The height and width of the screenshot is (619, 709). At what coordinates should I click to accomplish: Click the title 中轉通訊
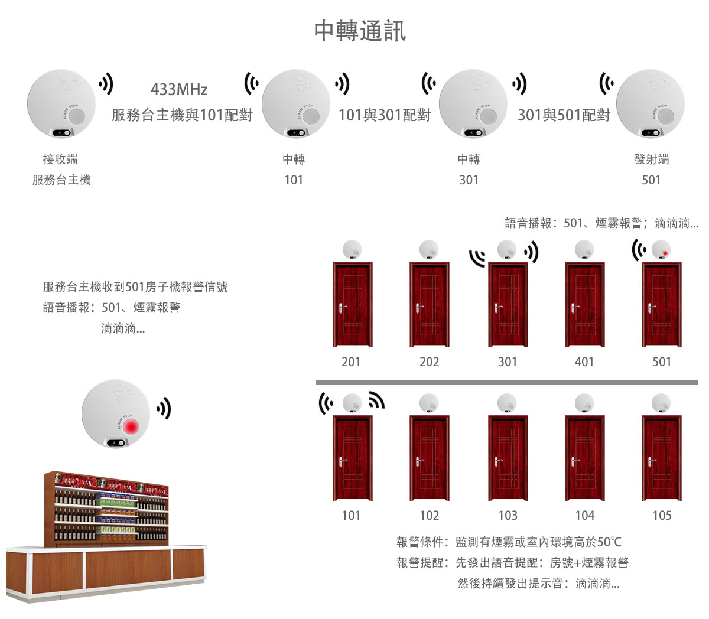[360, 31]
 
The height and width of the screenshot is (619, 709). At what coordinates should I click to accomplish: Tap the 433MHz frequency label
[179, 90]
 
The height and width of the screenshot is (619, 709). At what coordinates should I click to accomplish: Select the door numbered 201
[352, 305]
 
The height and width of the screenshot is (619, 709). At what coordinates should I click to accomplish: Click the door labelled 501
[662, 305]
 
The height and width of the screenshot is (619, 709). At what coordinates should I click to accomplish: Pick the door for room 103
[508, 458]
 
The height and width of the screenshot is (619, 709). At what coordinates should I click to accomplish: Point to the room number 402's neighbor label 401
[584, 361]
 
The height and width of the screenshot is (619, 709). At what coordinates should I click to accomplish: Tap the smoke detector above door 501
[661, 250]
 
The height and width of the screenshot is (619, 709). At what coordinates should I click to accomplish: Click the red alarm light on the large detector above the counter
[131, 425]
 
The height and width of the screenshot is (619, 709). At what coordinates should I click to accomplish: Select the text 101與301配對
[384, 115]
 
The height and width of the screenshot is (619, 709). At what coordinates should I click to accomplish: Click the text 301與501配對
[564, 115]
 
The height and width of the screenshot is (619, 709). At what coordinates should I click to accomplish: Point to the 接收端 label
[60, 159]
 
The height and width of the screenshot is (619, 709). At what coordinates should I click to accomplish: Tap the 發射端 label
[651, 159]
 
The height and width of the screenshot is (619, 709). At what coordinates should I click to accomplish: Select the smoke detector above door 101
[353, 403]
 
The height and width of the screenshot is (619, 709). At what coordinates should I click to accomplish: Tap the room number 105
[662, 515]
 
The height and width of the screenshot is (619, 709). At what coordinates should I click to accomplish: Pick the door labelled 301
[508, 305]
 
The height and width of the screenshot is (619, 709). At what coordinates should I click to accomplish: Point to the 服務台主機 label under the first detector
[61, 180]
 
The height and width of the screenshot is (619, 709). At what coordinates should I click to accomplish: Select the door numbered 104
[584, 458]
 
